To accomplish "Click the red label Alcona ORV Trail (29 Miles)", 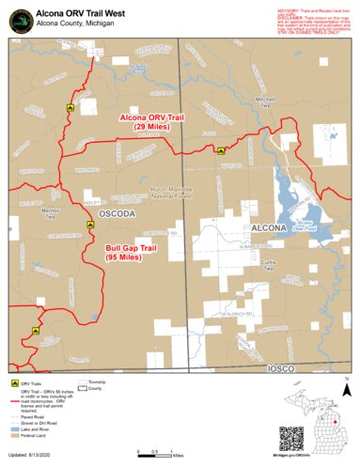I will click(x=151, y=121).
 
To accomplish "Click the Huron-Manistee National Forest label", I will click(x=172, y=194).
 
